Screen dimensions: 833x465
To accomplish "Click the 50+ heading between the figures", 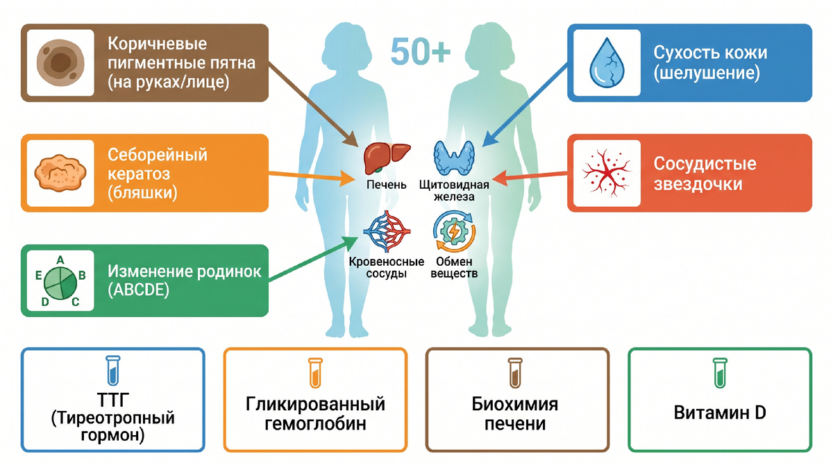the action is [421, 51].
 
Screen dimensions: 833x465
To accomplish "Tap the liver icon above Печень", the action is [387, 159].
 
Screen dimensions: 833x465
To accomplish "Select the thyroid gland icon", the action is [454, 158].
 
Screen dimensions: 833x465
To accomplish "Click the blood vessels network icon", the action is [387, 232].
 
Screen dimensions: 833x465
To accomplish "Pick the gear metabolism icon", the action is [454, 232].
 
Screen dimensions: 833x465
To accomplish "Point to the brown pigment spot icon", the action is [60, 63].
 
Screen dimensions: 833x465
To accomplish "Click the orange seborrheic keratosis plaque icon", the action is [60, 174].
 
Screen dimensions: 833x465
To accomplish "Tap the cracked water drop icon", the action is [607, 62].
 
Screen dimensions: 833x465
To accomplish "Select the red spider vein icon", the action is [607, 173].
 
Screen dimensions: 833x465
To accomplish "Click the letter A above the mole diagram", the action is [60, 260].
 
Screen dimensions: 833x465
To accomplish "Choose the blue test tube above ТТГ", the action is [113, 370].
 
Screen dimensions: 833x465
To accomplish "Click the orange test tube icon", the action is [315, 373].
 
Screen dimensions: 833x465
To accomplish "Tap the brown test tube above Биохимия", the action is [515, 373].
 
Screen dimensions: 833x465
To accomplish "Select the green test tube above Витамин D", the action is [720, 373].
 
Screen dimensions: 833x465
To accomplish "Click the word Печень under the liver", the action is [387, 185].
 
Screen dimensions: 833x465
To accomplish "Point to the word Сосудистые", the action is [705, 164].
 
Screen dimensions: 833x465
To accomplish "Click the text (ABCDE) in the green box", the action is [139, 290].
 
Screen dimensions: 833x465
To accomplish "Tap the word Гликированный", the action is [315, 404].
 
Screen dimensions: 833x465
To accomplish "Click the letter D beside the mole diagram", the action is [45, 302].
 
